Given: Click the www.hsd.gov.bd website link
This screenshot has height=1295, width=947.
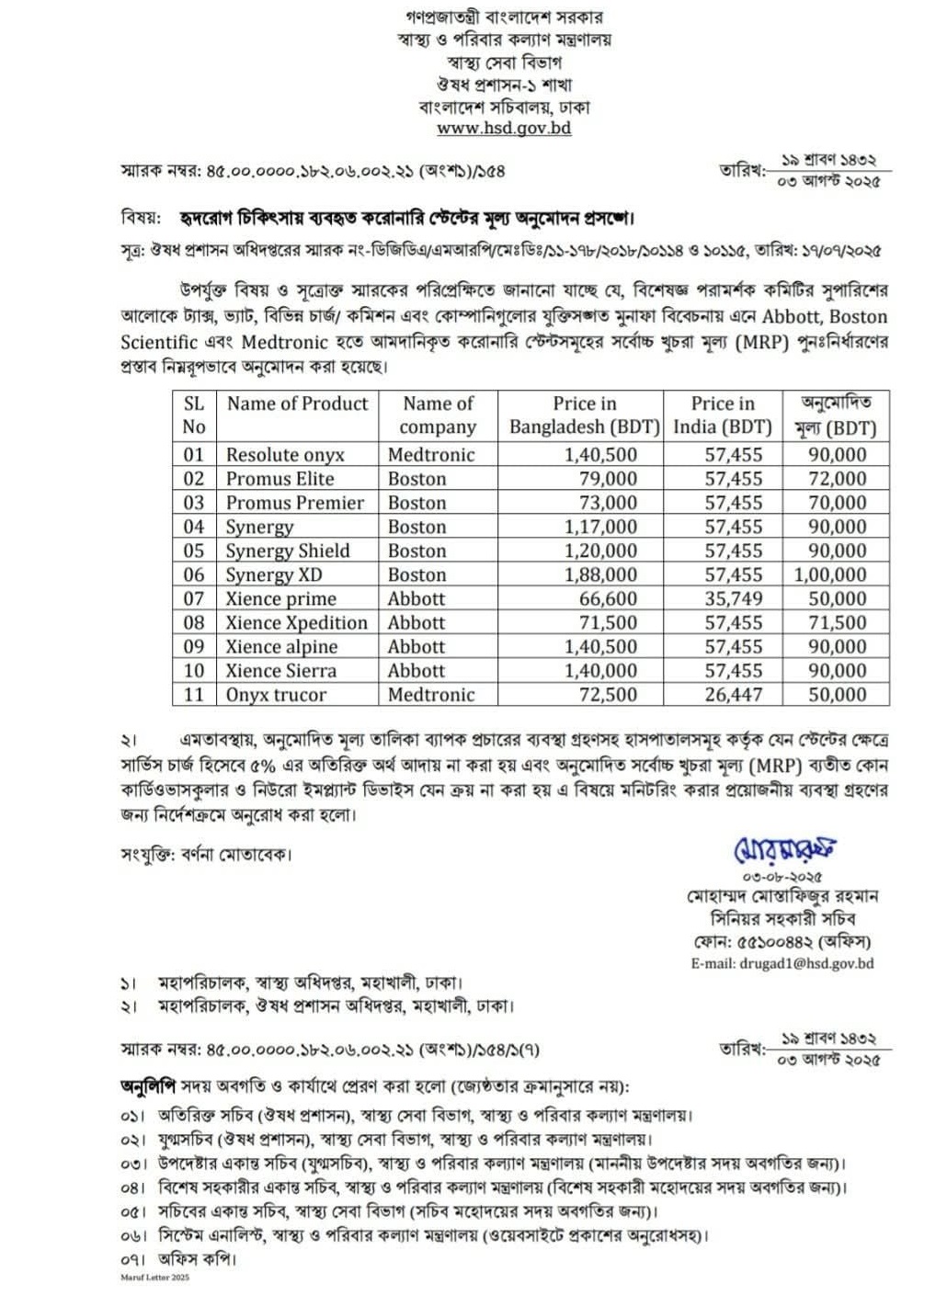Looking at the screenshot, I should click(x=503, y=129).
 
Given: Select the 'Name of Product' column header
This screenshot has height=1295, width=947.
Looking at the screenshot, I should click(x=297, y=403).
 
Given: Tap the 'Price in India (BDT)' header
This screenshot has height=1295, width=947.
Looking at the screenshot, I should click(x=723, y=415).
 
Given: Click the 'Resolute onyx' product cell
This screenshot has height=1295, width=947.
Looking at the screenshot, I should click(x=285, y=455).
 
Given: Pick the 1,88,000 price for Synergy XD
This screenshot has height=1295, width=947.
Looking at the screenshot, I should click(x=600, y=575).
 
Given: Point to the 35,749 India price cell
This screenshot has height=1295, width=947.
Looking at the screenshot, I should click(x=734, y=599).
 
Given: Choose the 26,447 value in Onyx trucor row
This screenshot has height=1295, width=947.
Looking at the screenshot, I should click(x=734, y=695).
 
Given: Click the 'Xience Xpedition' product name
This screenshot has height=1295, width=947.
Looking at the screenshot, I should click(x=296, y=623).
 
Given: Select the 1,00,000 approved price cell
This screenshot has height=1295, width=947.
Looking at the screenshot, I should click(x=829, y=575).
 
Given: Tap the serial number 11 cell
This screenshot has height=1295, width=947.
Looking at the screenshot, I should click(x=193, y=695).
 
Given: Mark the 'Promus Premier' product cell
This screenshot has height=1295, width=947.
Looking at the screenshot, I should click(x=294, y=503).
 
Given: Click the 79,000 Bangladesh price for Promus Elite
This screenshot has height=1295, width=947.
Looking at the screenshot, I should click(x=608, y=479).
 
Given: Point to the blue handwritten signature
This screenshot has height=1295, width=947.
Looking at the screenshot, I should click(x=784, y=850).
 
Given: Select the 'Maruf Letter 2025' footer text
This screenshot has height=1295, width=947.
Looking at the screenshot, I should click(x=154, y=1278).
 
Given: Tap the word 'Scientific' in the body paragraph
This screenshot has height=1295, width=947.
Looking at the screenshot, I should click(x=159, y=343).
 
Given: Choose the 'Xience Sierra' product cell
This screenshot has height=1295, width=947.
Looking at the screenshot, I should click(x=280, y=671).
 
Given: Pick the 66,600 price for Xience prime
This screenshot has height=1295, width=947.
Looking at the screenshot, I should click(x=608, y=599).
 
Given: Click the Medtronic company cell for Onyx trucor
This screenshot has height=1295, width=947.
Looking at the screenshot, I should click(x=430, y=695).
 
